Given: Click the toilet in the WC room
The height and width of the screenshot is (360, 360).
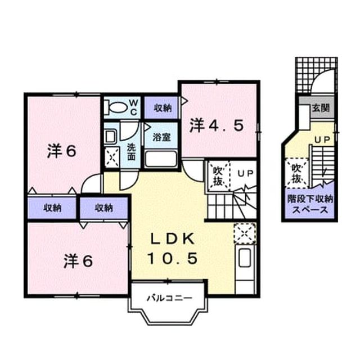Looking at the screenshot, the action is pos(116,107).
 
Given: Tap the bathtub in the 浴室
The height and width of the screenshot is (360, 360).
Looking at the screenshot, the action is pos(161,159).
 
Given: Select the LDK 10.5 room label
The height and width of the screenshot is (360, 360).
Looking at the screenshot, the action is pos(172,249).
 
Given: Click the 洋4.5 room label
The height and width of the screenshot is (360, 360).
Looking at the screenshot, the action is pos(216,125).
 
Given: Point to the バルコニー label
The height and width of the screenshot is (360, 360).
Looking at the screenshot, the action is pos(169,298).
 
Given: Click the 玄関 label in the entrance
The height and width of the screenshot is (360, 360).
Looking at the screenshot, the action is pos(321,107).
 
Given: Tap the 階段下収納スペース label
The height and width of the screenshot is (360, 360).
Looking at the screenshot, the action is pos(310,204).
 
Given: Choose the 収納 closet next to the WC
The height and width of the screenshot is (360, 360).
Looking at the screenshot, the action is pos(163,107).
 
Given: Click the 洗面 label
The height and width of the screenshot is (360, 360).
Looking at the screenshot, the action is pos(131,152).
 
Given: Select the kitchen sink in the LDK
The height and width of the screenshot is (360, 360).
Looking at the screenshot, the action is pos(245,258).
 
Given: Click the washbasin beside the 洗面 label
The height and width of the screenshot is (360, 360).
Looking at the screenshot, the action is pos(110,137).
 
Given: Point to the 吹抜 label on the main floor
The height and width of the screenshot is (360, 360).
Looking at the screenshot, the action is pos(218,176).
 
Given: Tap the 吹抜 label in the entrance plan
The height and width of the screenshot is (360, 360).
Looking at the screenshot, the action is pos(296,173).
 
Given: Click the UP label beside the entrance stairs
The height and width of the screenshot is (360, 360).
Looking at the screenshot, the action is pos(322,139).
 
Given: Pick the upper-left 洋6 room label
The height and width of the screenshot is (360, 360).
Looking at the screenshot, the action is pos(61,151).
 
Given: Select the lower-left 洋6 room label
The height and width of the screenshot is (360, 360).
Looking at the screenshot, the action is pos(78,261).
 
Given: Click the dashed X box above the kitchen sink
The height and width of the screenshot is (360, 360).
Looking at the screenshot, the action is pos(245,233).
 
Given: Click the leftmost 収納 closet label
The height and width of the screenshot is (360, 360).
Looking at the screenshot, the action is pos(52,208).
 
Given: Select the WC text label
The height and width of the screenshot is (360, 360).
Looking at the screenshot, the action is pos(134,107).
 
